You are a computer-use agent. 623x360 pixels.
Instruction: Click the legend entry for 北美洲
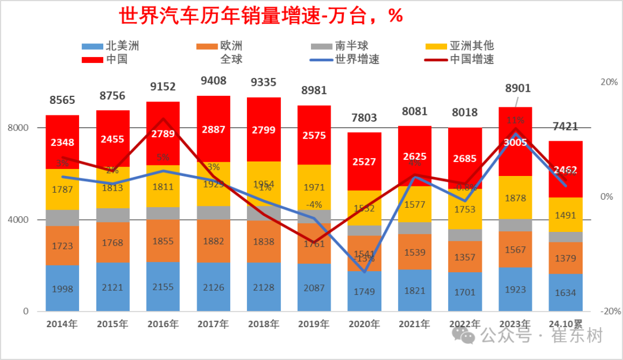(x=115, y=46)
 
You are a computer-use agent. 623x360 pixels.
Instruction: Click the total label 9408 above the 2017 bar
(x=213, y=81)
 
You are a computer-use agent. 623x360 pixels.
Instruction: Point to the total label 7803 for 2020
(x=365, y=118)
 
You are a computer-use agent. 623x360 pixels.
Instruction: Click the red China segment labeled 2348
(x=62, y=142)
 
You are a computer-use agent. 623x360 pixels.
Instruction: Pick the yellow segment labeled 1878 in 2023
(x=515, y=198)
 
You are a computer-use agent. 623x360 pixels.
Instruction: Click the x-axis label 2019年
(x=314, y=324)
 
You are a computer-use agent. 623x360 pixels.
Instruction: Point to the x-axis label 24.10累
(x=565, y=324)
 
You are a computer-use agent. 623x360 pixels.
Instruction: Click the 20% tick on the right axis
(x=609, y=82)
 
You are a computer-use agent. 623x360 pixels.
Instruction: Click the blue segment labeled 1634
(x=565, y=292)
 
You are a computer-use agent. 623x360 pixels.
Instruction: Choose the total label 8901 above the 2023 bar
(x=517, y=88)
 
